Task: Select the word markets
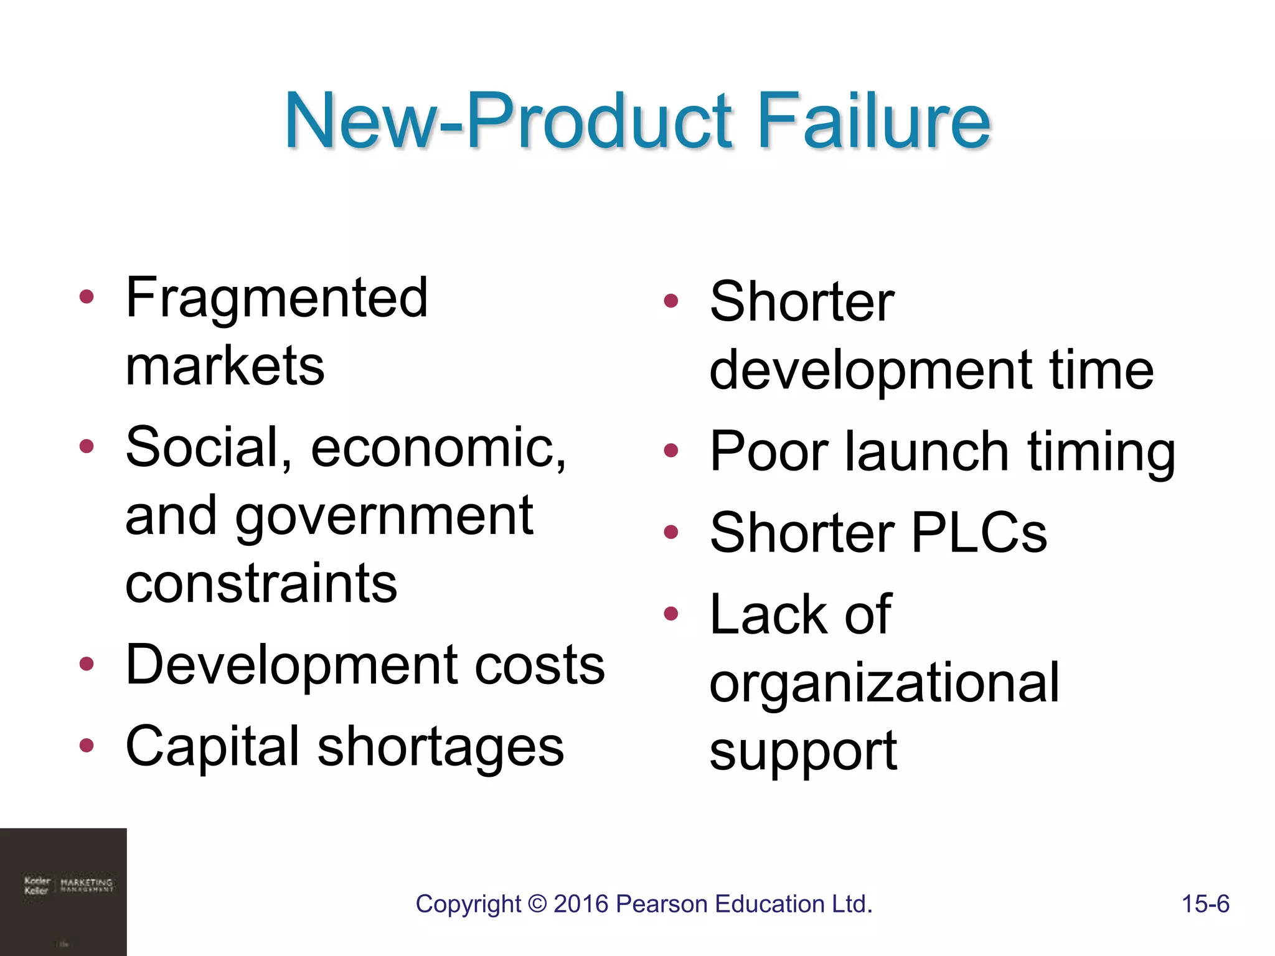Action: [225, 366]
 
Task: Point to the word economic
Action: [438, 448]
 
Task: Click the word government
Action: [383, 517]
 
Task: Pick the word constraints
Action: [261, 584]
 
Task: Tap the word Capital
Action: [212, 747]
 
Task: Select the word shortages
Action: [441, 747]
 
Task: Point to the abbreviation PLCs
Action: [979, 533]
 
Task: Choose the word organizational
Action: [884, 683]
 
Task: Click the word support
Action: [803, 752]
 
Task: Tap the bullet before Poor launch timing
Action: [670, 451]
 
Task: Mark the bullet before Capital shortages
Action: [87, 745]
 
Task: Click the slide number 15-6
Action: [1205, 904]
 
